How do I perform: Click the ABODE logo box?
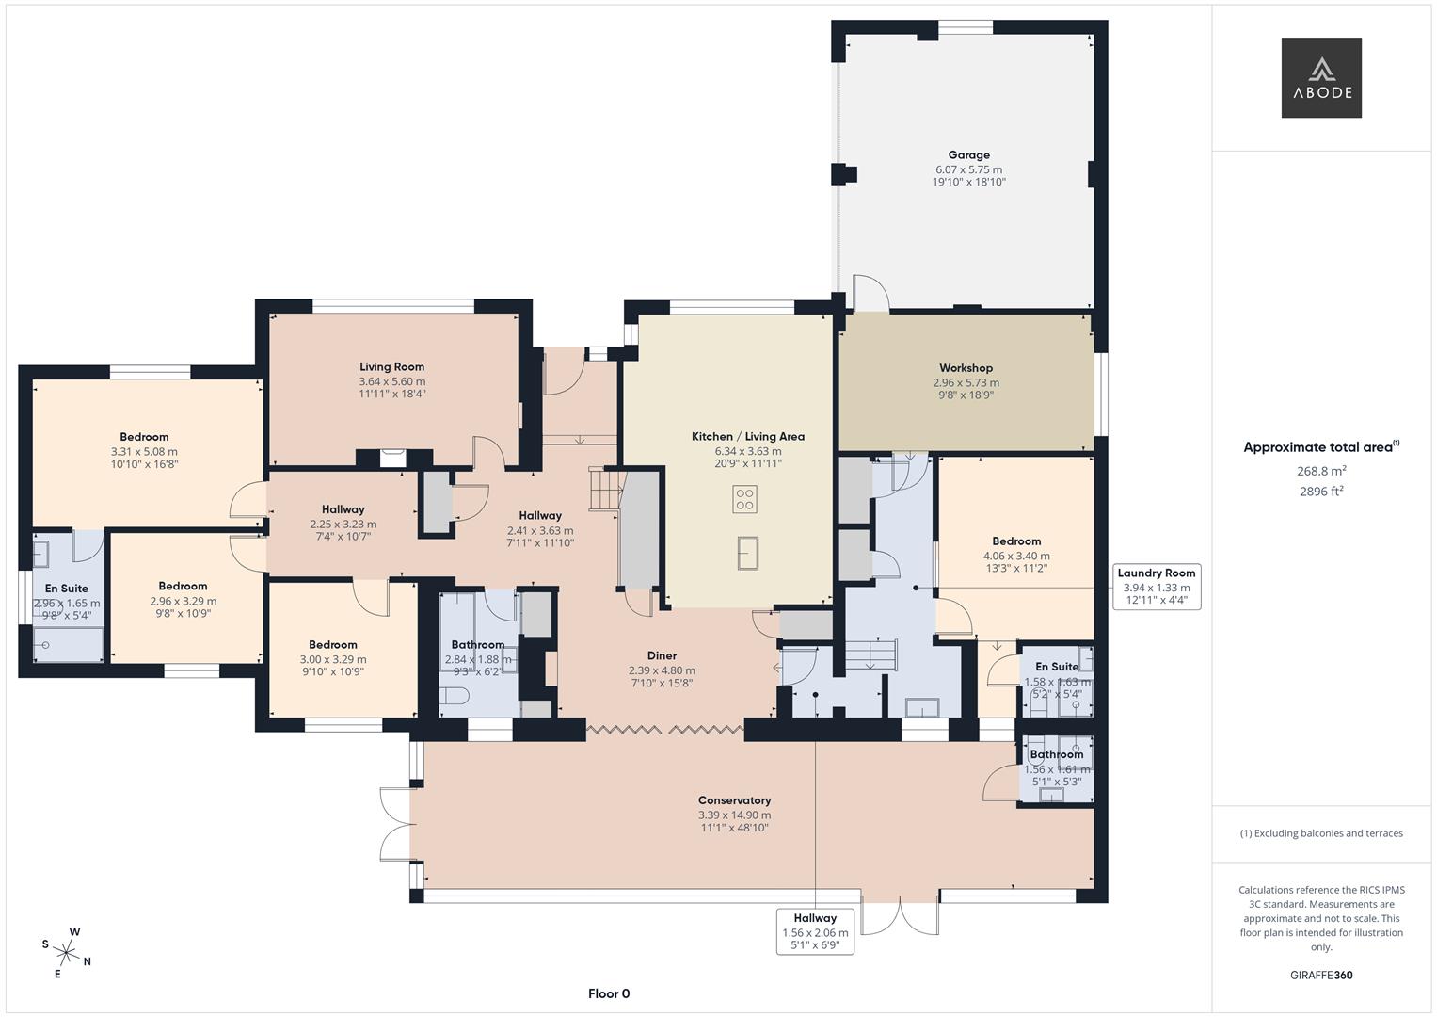pyautogui.click(x=1320, y=78)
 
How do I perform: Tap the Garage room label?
pyautogui.click(x=968, y=155)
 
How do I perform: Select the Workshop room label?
pyautogui.click(x=966, y=368)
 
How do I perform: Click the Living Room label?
pyautogui.click(x=391, y=367)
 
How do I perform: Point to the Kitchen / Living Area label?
pyautogui.click(x=747, y=437)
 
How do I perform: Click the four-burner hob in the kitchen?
pyautogui.click(x=744, y=499)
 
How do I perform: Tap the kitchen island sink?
pyautogui.click(x=748, y=553)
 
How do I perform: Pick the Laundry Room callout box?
pyautogui.click(x=1156, y=587)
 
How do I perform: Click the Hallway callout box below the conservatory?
pyautogui.click(x=815, y=931)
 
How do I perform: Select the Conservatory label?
pyautogui.click(x=734, y=800)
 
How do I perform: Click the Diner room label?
pyautogui.click(x=662, y=655)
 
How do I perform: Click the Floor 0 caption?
pyautogui.click(x=608, y=993)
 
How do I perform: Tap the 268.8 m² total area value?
pyautogui.click(x=1320, y=471)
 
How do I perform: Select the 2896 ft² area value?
pyautogui.click(x=1320, y=491)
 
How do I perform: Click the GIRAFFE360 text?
pyautogui.click(x=1320, y=975)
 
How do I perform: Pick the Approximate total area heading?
pyautogui.click(x=1320, y=447)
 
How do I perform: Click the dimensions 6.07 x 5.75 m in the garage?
pyautogui.click(x=968, y=169)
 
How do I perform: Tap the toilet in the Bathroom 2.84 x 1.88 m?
pyautogui.click(x=455, y=698)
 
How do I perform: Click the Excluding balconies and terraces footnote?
pyautogui.click(x=1320, y=833)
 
